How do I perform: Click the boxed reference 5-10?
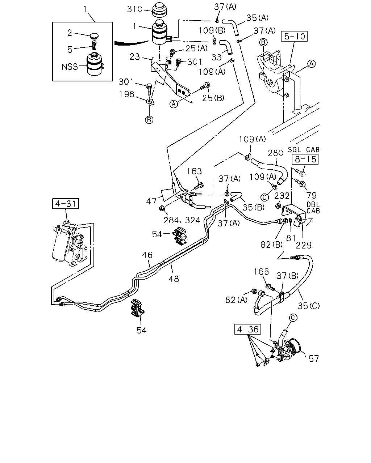(294, 37)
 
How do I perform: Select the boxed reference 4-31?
(66, 204)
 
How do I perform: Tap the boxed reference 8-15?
(305, 159)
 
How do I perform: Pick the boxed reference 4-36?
(247, 329)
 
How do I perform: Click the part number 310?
(135, 9)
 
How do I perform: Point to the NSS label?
(70, 67)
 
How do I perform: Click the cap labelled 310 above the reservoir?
(159, 10)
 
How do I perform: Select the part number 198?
(127, 94)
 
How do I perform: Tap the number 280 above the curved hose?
(275, 153)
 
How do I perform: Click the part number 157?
(311, 359)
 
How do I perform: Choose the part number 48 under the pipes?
(174, 279)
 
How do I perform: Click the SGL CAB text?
(304, 149)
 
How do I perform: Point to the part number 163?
(194, 171)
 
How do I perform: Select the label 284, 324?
(182, 220)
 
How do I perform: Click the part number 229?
(304, 245)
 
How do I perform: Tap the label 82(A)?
(237, 300)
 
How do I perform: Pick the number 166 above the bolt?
(261, 272)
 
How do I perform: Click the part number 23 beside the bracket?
(135, 57)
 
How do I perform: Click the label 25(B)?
(213, 98)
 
